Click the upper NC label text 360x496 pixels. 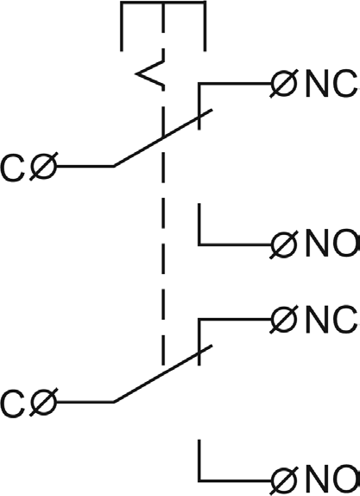point(332,84)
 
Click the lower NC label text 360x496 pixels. point(332,320)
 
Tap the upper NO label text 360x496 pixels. point(332,243)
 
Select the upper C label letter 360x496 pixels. point(13,169)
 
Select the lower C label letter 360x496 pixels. point(13,404)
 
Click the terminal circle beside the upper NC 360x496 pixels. point(284,84)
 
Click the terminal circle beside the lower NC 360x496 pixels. point(284,320)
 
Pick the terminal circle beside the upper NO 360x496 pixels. point(284,245)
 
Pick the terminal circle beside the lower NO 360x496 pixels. point(284,480)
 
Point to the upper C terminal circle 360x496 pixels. point(44,167)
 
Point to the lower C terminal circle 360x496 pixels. point(44,402)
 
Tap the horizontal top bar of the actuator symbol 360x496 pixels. point(163,3)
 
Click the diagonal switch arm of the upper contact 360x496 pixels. point(163,137)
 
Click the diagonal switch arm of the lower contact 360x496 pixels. point(163,373)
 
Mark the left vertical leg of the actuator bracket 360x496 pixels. point(122,26)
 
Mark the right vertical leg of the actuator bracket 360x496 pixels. point(205,26)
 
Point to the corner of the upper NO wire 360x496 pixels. point(199,245)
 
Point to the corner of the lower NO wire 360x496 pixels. point(199,480)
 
